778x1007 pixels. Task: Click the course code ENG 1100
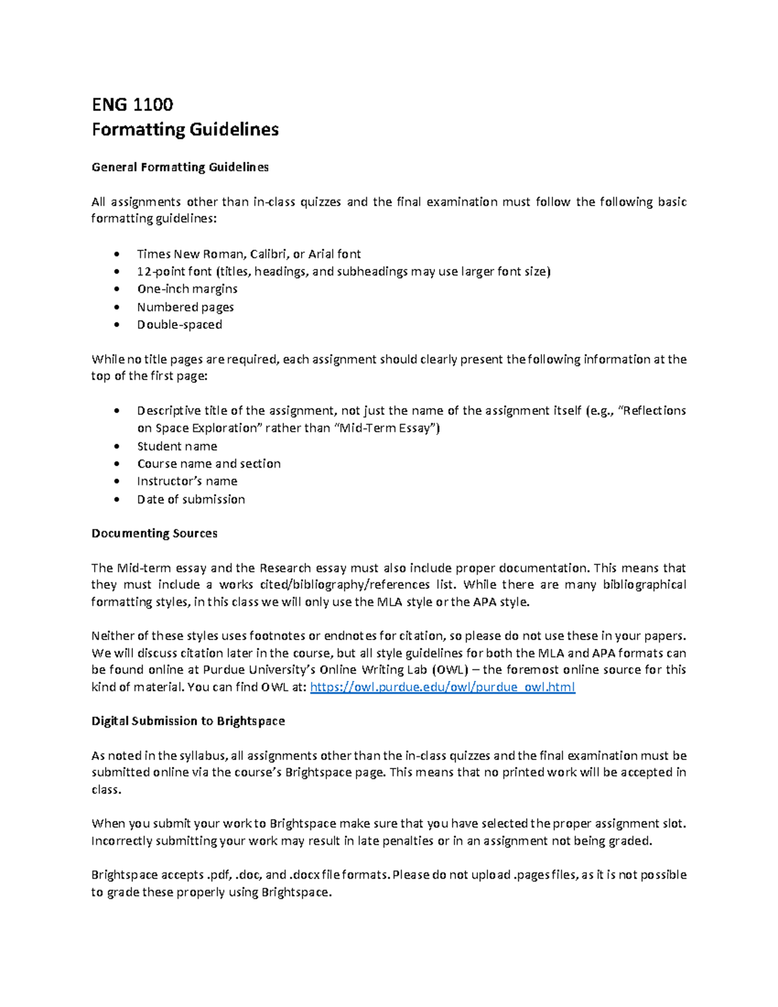[x=132, y=104]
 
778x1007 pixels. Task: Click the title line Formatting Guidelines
[x=185, y=130]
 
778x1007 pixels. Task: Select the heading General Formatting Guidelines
[x=180, y=167]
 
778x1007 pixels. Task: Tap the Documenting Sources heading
[x=154, y=534]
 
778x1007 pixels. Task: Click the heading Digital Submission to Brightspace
[x=188, y=721]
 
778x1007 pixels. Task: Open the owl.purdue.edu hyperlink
[x=442, y=687]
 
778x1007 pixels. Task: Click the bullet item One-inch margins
[x=187, y=289]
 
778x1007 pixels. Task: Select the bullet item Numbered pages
[x=185, y=307]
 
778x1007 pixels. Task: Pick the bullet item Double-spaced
[x=179, y=325]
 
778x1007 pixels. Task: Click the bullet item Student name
[x=176, y=446]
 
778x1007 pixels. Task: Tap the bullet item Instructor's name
[x=187, y=481]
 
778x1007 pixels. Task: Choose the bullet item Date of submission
[x=191, y=499]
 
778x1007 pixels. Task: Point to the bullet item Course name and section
[x=208, y=464]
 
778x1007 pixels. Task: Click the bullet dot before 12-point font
[x=117, y=272]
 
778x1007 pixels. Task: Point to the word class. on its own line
[x=106, y=790]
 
